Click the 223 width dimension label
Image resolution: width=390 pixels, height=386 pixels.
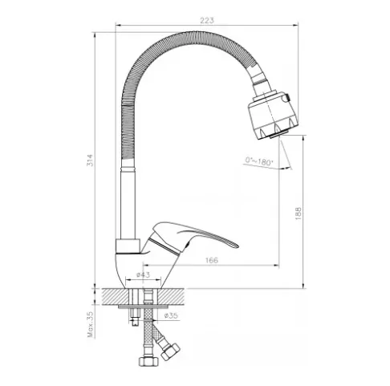pyautogui.click(x=207, y=20)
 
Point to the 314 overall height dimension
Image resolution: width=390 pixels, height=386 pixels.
pyautogui.click(x=91, y=160)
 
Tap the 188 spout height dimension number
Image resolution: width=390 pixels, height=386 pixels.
pyautogui.click(x=299, y=213)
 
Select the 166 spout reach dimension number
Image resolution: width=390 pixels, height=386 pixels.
pyautogui.click(x=212, y=260)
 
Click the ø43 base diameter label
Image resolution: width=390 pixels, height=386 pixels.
pyautogui.click(x=143, y=274)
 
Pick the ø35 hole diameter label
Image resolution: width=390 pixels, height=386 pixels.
pyautogui.click(x=171, y=315)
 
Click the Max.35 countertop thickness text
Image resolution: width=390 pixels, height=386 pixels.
pyautogui.click(x=91, y=324)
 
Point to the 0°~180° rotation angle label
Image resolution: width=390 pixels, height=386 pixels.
pyautogui.click(x=259, y=161)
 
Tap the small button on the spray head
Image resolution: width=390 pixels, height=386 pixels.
pyautogui.click(x=287, y=97)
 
